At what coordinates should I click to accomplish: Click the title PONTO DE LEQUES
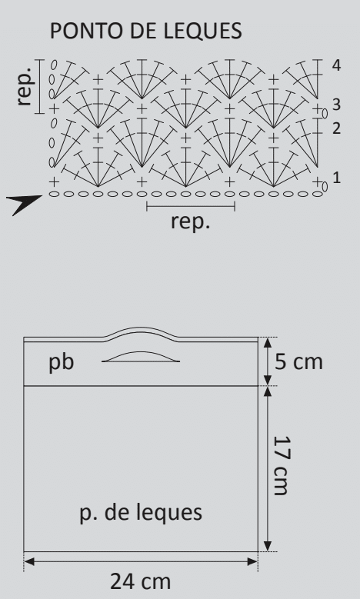[x=146, y=31]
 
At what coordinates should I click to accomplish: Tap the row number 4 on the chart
[x=336, y=65]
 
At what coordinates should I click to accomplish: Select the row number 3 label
[x=336, y=105]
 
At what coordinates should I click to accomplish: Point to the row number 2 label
[x=336, y=128]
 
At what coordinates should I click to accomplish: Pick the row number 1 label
[x=336, y=178]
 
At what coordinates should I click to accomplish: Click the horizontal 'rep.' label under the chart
[x=190, y=221]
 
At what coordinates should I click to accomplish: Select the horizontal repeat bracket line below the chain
[x=191, y=207]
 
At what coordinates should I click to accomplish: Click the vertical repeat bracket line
[x=40, y=87]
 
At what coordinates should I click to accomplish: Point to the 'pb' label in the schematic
[x=61, y=362]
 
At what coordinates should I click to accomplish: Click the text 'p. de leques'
[x=141, y=513]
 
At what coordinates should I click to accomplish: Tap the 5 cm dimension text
[x=299, y=361]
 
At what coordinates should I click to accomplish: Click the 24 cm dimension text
[x=141, y=581]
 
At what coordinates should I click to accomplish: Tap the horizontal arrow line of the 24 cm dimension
[x=141, y=561]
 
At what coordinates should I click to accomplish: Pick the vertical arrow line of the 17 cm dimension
[x=268, y=469]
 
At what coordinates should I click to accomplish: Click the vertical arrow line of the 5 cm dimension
[x=268, y=361]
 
